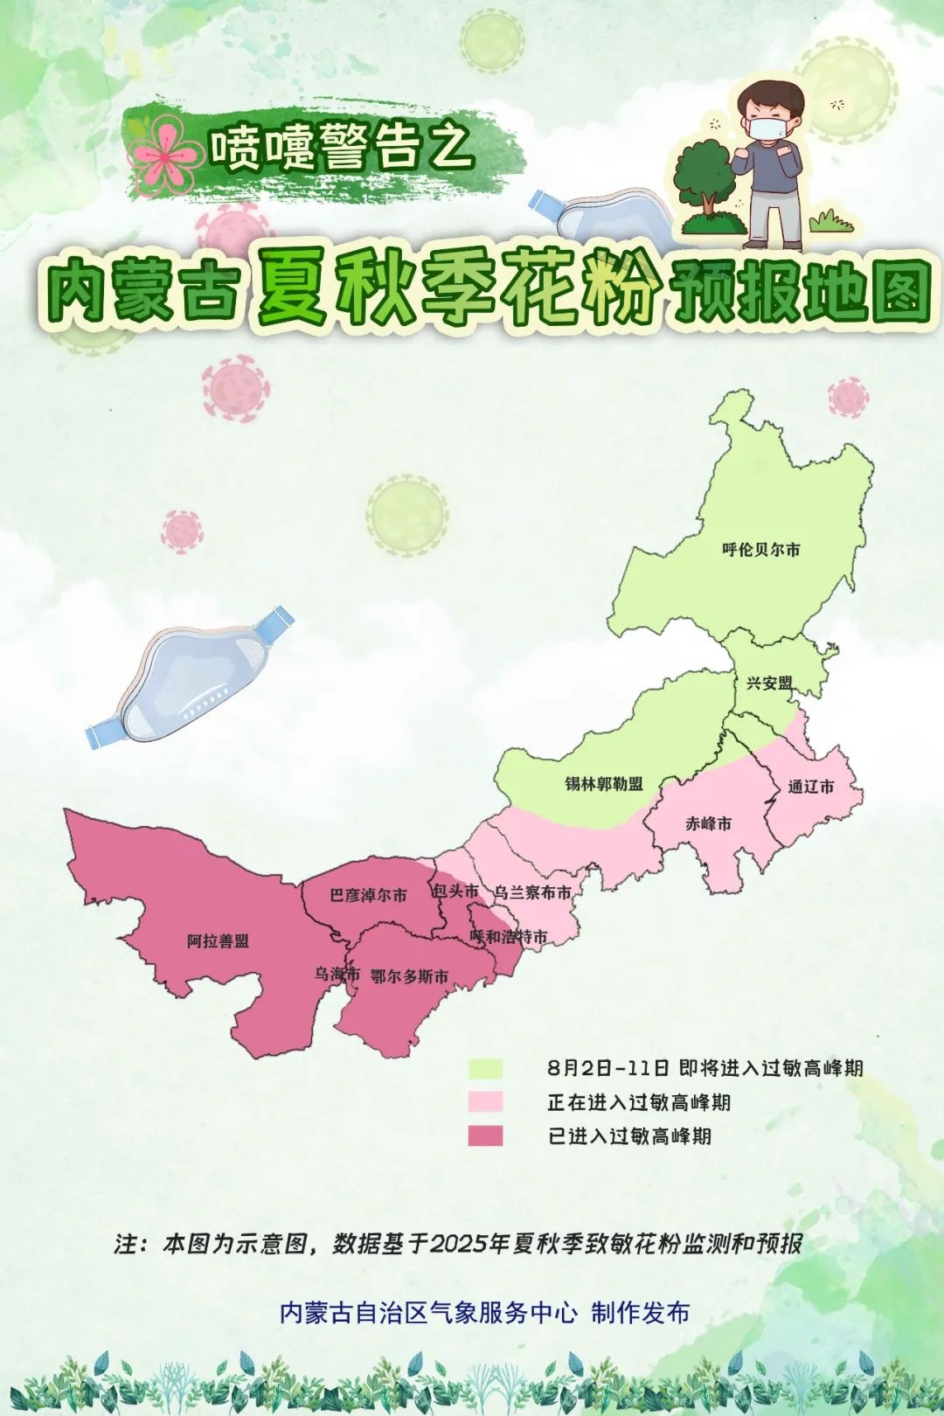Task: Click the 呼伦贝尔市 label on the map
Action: (x=760, y=550)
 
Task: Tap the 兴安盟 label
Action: (x=769, y=684)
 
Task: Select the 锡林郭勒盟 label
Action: (x=603, y=784)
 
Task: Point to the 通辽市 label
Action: (x=810, y=787)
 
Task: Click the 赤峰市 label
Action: (x=708, y=823)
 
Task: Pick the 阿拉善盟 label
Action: (x=218, y=941)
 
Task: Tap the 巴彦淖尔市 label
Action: (x=368, y=895)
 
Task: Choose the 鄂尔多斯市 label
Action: (x=409, y=976)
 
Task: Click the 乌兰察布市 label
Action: (x=532, y=892)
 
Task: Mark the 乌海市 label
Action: (x=337, y=974)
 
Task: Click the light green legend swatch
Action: (x=485, y=1068)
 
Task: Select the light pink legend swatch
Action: (x=485, y=1101)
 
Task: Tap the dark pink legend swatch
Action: (x=485, y=1135)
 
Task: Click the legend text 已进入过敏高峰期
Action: (x=629, y=1136)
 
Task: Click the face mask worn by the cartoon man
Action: (x=764, y=129)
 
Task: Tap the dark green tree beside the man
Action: (x=705, y=175)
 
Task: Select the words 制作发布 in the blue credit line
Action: (x=640, y=1313)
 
